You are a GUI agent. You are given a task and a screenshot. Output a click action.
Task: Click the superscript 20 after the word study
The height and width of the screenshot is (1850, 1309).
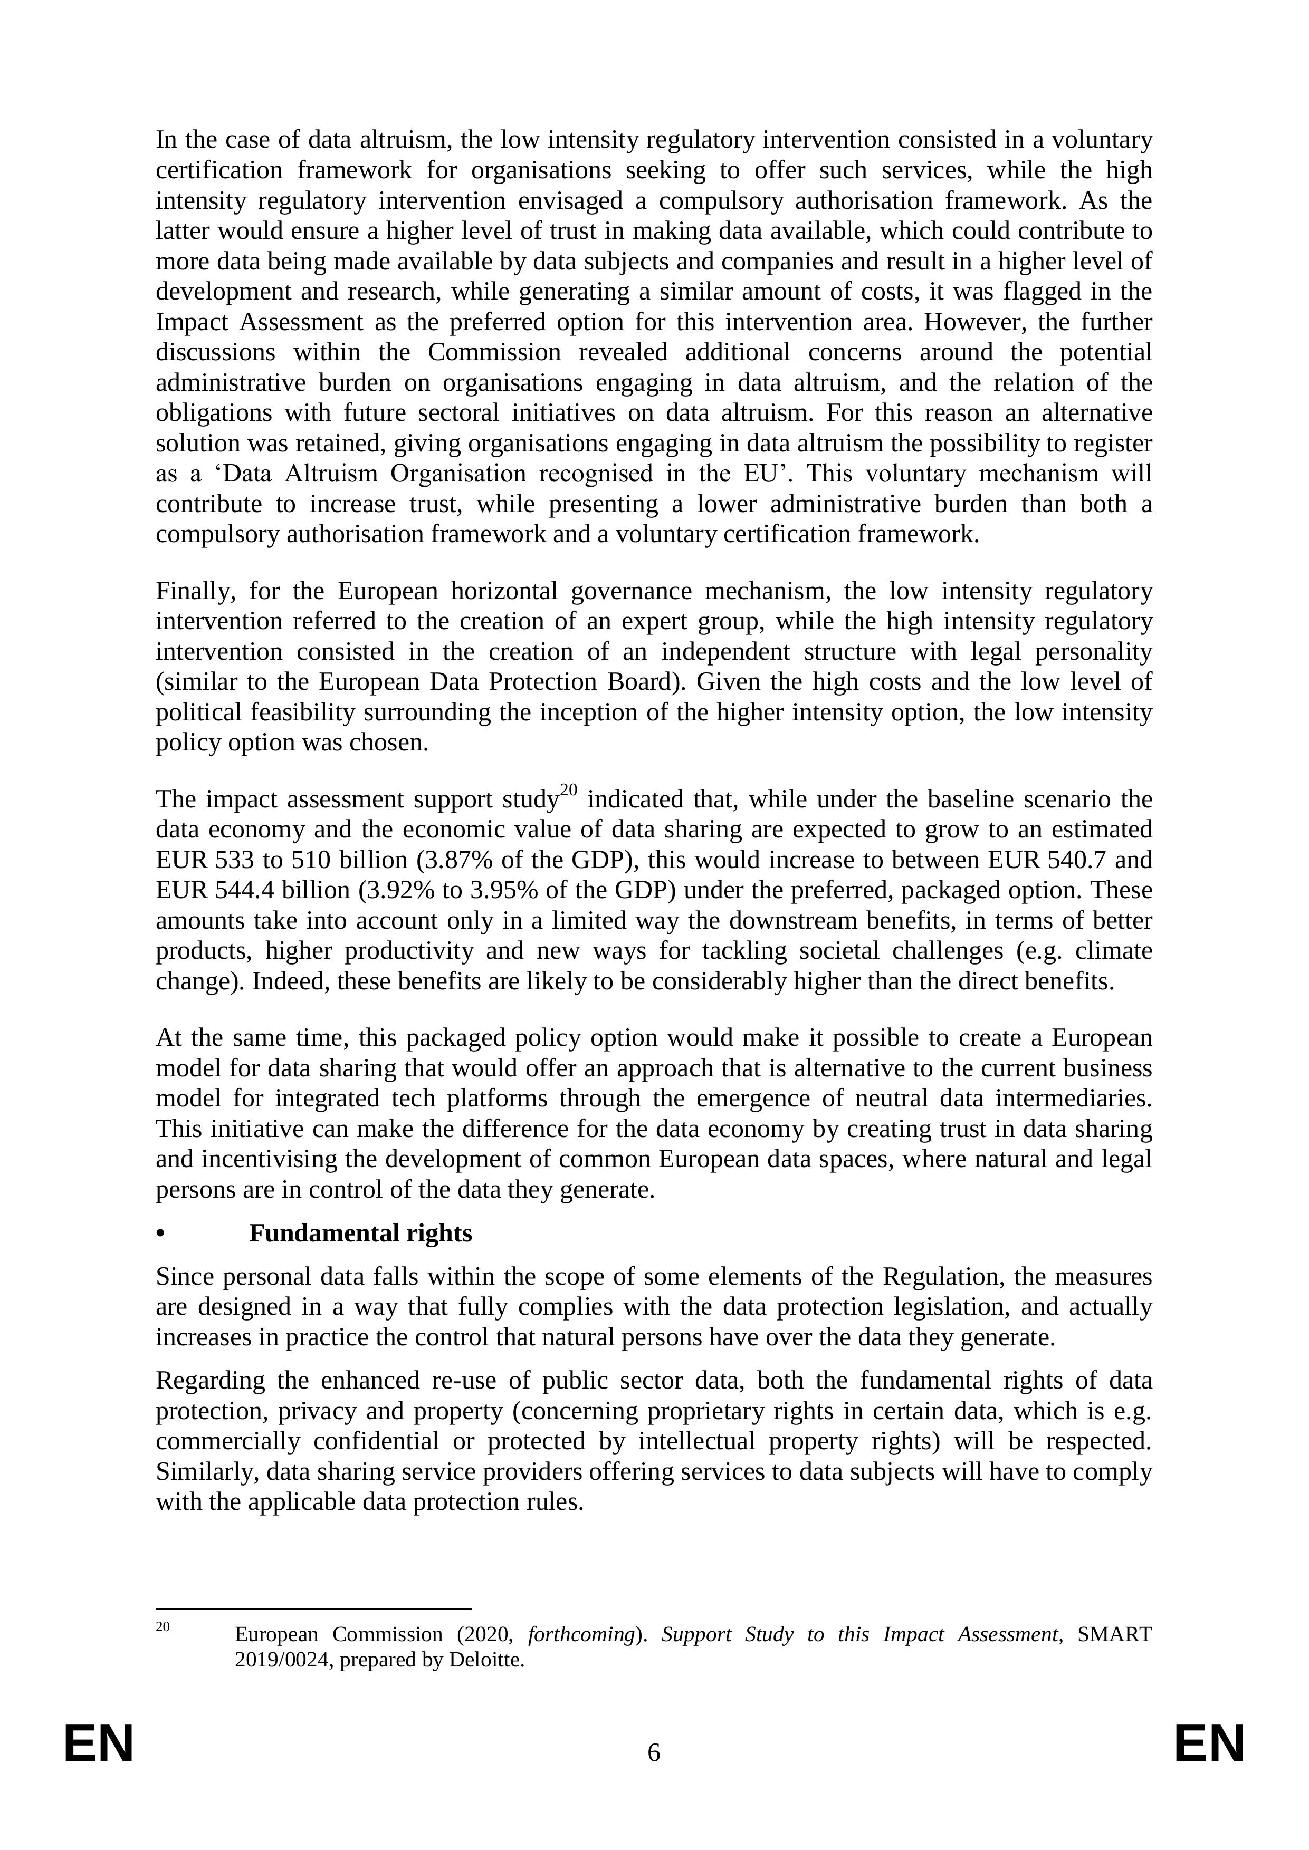tap(569, 789)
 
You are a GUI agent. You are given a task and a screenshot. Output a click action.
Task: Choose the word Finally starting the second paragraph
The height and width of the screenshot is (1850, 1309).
tap(195, 591)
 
